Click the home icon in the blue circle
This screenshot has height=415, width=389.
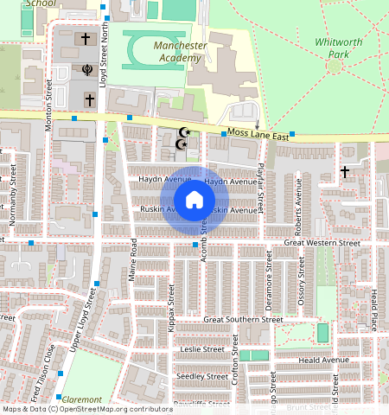(x=194, y=200)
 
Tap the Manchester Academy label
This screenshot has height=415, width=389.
(x=180, y=51)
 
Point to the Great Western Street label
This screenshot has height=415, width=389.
(x=322, y=244)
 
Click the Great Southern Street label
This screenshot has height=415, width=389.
(x=243, y=319)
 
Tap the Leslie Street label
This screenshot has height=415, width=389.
(x=202, y=349)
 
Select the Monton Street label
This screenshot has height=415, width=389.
(x=49, y=105)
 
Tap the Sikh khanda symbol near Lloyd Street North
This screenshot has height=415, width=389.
(x=86, y=69)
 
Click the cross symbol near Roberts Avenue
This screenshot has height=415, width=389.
(x=344, y=172)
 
